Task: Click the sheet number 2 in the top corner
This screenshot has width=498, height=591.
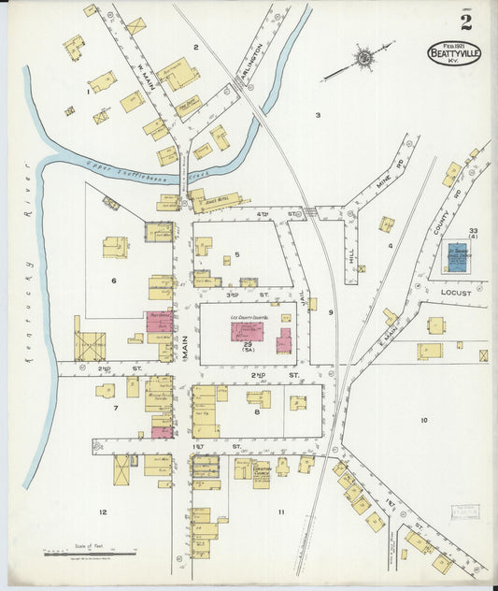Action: point(465,23)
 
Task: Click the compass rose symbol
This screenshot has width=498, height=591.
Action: point(363,58)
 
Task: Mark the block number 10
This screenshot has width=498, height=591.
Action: point(423,420)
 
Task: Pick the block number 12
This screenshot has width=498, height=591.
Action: point(103,512)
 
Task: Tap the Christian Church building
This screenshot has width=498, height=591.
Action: point(261,472)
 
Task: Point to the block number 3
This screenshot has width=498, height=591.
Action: point(317,115)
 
